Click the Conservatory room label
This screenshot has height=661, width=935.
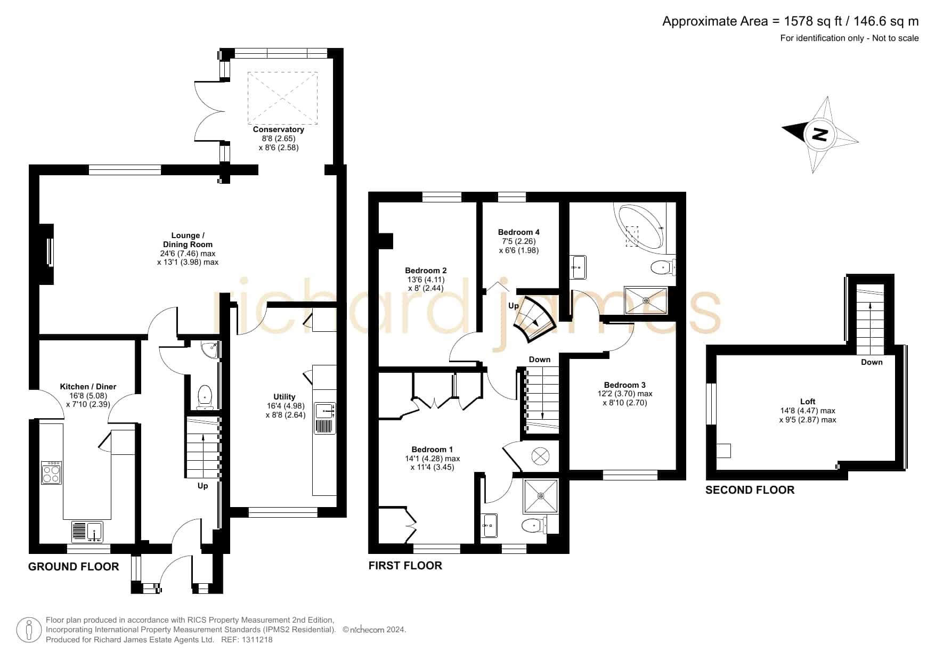tap(278, 129)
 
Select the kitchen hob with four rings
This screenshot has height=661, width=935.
tap(52, 472)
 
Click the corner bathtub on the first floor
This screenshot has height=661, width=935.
tap(640, 226)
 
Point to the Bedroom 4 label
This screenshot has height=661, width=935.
tap(518, 232)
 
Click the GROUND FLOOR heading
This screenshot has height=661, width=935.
tap(74, 567)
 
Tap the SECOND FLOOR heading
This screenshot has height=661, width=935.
tap(750, 490)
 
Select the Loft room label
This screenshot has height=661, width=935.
tap(808, 402)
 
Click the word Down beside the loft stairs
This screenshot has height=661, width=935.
tap(872, 362)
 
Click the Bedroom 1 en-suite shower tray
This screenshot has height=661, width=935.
tap(541, 496)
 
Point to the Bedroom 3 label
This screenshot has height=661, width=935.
tap(625, 385)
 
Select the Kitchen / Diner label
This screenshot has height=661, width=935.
tap(88, 387)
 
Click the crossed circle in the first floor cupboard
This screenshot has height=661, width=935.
tap(540, 456)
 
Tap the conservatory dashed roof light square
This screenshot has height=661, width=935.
tap(282, 98)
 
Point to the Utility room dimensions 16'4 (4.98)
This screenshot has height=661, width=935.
tap(286, 406)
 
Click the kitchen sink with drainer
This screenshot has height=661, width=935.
tap(87, 532)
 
